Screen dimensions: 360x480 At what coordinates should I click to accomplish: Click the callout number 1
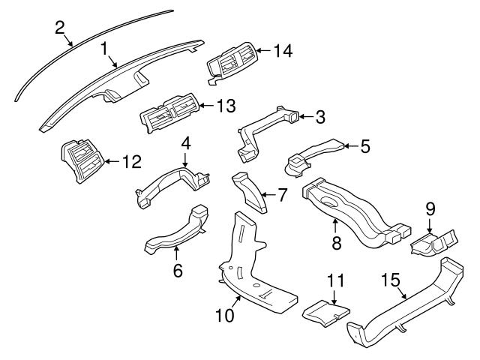click(106, 49)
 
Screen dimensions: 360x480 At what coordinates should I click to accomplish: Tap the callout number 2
click(60, 28)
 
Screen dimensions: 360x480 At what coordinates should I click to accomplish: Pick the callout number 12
click(131, 160)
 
